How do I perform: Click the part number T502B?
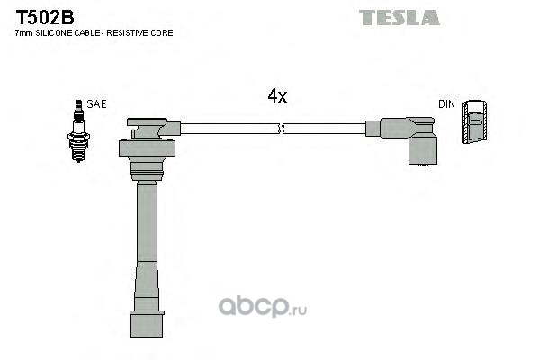coord(45,17)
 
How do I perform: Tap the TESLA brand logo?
coord(399,18)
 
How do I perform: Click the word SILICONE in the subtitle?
coord(55,33)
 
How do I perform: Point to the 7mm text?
coord(24,33)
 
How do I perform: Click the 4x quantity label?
coord(277,95)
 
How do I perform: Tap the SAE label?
coord(96,104)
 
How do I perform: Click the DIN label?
coord(446,104)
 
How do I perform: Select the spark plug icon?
coord(78,130)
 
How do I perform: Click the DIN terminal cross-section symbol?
coord(474,122)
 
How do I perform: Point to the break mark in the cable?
coord(281,129)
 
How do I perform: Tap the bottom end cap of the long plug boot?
coord(147,324)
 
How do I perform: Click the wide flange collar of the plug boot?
coord(147,148)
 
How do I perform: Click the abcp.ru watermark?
coord(263,307)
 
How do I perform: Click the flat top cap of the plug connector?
coord(147,122)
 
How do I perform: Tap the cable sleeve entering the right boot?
coord(373,129)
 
